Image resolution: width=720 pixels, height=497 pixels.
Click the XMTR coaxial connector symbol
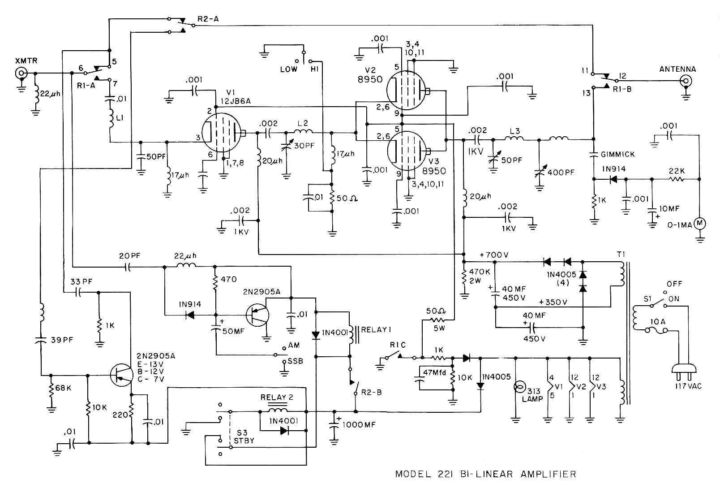point(20,73)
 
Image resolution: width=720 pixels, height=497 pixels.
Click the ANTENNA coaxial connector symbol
point(685,81)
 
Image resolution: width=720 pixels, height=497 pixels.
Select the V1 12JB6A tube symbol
point(222,133)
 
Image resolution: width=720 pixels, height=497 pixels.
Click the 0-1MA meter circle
point(699,223)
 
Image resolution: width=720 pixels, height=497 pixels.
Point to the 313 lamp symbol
point(520,386)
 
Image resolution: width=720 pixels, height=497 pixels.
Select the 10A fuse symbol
point(656,330)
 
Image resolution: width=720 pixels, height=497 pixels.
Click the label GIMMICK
point(618,154)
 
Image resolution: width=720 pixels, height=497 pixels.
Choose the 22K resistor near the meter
point(677,179)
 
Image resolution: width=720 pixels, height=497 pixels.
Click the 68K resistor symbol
point(51,388)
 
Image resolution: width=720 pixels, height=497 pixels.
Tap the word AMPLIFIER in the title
point(548,474)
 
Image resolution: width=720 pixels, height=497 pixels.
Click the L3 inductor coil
point(515,138)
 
